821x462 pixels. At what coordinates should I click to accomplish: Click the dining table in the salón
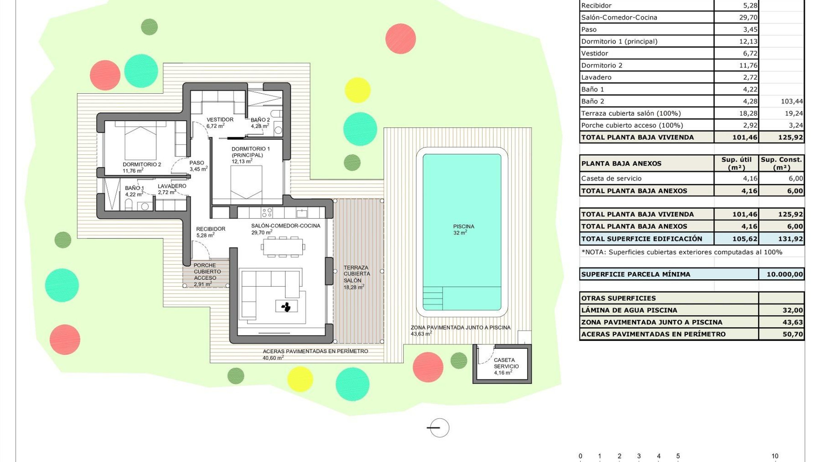[x=283, y=246]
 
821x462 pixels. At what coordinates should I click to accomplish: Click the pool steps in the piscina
[x=432, y=298]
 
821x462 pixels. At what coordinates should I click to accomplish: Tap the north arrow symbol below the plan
[x=439, y=427]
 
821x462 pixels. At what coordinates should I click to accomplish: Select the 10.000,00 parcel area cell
[x=781, y=274]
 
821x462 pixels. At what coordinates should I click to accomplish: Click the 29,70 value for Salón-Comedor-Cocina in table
[x=748, y=18]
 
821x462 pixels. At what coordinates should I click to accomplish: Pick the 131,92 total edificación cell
[x=781, y=239]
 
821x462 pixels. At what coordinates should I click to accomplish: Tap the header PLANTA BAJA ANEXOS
[x=621, y=163]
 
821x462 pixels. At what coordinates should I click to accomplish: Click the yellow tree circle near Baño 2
[x=357, y=90]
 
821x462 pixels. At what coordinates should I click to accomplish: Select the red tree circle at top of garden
[x=400, y=38]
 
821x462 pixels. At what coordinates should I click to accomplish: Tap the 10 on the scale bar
[x=774, y=456]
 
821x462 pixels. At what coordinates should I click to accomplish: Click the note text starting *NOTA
[x=682, y=252]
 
